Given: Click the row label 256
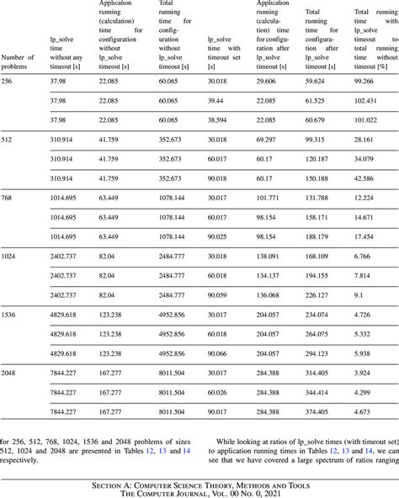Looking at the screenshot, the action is click(x=8, y=80).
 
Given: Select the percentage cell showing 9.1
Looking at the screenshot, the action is click(x=360, y=294).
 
